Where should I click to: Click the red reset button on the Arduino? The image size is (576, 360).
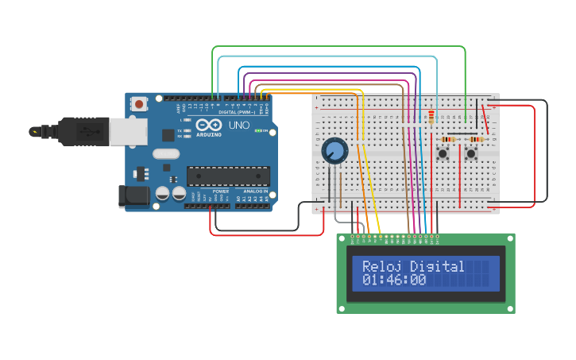140,103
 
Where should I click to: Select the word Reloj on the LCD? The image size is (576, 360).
381,266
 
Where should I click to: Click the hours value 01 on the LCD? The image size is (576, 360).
370,281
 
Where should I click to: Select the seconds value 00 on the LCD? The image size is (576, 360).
418,281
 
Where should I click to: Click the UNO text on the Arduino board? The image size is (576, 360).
239,126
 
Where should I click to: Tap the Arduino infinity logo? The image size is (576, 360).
208,126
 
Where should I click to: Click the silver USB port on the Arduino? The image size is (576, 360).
127,131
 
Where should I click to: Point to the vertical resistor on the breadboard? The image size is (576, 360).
432,117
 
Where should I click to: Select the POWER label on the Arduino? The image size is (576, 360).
220,192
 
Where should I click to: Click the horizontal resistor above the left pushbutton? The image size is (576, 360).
447,139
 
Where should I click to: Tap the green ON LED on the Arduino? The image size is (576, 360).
256,131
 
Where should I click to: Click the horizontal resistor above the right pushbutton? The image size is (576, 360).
475,139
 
